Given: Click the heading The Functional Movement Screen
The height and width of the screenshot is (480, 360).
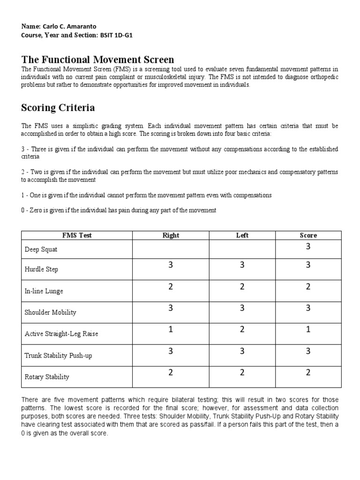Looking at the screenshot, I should pyautogui.click(x=97, y=60).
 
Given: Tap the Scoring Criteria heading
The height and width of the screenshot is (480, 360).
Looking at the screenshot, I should pyautogui.click(x=58, y=108).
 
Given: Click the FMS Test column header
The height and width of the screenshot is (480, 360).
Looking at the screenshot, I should pyautogui.click(x=77, y=235).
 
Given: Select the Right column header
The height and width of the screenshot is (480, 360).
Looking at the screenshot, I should pyautogui.click(x=171, y=235).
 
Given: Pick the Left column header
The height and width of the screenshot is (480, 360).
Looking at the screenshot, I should pyautogui.click(x=242, y=235).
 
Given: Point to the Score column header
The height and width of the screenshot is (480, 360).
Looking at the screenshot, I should pyautogui.click(x=308, y=235).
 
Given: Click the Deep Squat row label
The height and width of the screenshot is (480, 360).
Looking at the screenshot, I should pyautogui.click(x=41, y=250).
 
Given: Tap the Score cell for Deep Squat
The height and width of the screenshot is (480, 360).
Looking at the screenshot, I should pyautogui.click(x=308, y=247).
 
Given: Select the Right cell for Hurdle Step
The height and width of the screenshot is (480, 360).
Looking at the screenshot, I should pyautogui.click(x=171, y=265).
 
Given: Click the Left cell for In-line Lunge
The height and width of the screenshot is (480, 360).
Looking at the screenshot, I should pyautogui.click(x=242, y=287).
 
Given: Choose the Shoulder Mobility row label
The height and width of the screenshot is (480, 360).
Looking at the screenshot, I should pyautogui.click(x=50, y=312).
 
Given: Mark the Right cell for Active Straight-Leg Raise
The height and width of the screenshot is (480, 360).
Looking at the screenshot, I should pyautogui.click(x=171, y=330).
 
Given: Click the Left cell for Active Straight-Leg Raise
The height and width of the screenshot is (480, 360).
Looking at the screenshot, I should pyautogui.click(x=242, y=330).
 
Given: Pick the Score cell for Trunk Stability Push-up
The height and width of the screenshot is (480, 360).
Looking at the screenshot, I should pyautogui.click(x=308, y=351).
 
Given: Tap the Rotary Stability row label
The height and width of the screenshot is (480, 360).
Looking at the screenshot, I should pyautogui.click(x=47, y=377).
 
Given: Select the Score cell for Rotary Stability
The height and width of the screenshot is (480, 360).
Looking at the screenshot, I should pyautogui.click(x=308, y=373).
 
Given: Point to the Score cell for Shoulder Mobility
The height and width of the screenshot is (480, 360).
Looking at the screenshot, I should pyautogui.click(x=308, y=308).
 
